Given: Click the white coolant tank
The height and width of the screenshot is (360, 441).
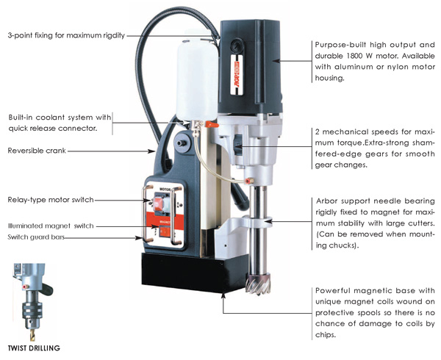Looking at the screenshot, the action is [197, 80].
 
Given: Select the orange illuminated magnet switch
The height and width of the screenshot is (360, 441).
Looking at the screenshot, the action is [165, 231].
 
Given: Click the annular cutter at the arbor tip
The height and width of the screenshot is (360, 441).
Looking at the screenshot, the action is [258, 284].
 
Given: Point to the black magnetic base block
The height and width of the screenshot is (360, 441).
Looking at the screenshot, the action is [194, 272].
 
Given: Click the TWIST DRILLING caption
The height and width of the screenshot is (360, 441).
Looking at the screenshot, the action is [34, 348].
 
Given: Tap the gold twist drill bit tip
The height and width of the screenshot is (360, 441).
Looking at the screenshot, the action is [32, 335].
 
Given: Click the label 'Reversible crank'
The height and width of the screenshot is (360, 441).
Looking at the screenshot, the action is [37, 151].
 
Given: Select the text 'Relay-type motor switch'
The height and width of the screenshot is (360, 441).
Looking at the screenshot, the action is [51, 200].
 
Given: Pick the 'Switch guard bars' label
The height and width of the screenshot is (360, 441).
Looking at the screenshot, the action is [36, 237].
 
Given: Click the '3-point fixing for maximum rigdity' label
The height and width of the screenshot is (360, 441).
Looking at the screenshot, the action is [66, 35].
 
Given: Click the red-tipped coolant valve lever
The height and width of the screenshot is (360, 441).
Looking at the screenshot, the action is [211, 124].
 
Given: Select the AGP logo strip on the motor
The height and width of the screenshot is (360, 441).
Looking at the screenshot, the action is [237, 74].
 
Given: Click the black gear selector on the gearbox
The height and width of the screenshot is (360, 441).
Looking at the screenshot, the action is [238, 145].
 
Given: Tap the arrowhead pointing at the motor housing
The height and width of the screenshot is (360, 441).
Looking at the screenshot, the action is [276, 61].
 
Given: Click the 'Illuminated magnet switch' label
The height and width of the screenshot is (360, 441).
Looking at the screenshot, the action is [51, 226].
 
